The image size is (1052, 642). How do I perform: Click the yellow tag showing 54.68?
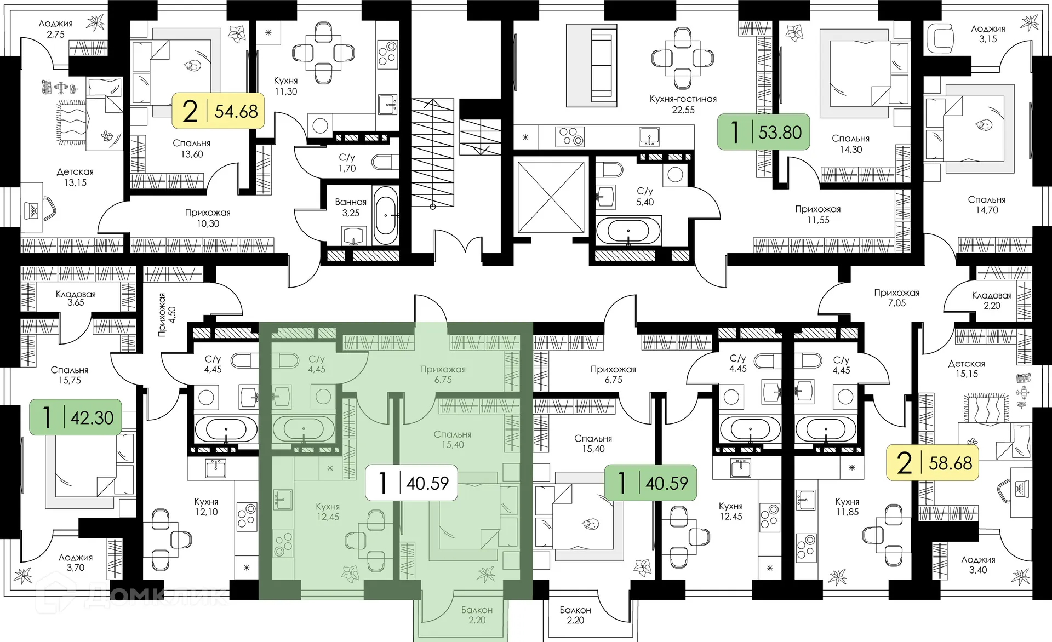218,111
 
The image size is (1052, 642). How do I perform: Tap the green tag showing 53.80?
764,132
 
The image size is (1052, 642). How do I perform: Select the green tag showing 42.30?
76,417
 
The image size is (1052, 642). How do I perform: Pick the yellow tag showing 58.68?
933,463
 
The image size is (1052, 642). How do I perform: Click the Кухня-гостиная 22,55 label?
683,104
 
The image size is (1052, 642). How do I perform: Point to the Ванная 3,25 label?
351,208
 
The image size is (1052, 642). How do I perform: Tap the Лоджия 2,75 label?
56,28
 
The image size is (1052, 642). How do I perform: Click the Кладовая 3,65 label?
76,298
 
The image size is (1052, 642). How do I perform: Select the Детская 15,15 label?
967,369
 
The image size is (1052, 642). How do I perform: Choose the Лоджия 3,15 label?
988,33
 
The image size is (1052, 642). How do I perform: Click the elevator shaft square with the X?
551,197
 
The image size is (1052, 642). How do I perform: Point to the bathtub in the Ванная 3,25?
386,215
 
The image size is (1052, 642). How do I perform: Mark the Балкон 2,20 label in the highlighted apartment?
477,615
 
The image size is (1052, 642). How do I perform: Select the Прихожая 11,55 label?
817,214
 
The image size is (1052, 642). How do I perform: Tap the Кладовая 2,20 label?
992,300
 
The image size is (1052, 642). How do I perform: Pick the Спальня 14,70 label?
987,204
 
